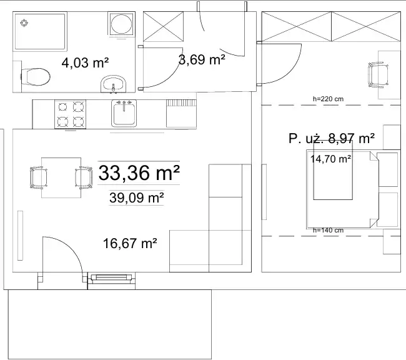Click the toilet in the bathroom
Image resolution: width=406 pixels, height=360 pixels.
[x=35, y=77]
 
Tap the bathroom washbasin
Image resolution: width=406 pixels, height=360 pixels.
[x=114, y=84]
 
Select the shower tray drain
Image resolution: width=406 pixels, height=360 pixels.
[x=24, y=23]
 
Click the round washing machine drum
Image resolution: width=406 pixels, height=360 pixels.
[x=121, y=23]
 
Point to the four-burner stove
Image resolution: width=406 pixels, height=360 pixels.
[x=70, y=114]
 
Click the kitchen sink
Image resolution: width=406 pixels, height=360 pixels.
[x=124, y=113]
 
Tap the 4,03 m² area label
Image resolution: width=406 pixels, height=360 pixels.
[x=85, y=62]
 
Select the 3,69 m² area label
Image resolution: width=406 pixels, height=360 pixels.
[x=202, y=59]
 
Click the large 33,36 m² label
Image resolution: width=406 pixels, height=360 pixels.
[x=139, y=172]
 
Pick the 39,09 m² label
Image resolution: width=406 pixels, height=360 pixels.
[x=136, y=197]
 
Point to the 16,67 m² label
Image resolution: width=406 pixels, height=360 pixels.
[x=130, y=243]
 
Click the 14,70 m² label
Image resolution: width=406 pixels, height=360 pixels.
[x=330, y=159]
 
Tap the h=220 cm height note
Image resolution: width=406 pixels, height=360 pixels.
[x=328, y=99]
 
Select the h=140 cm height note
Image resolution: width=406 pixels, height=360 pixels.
[x=328, y=230]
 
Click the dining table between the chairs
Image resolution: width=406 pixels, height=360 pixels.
[x=61, y=177]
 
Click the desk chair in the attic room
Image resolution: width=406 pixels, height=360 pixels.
[x=379, y=75]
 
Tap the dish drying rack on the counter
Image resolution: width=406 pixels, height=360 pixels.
[x=181, y=113]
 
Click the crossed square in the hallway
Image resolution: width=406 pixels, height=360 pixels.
[x=164, y=26]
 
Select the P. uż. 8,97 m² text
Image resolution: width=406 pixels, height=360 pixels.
[x=332, y=138]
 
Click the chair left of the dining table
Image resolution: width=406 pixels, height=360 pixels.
[x=39, y=177]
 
